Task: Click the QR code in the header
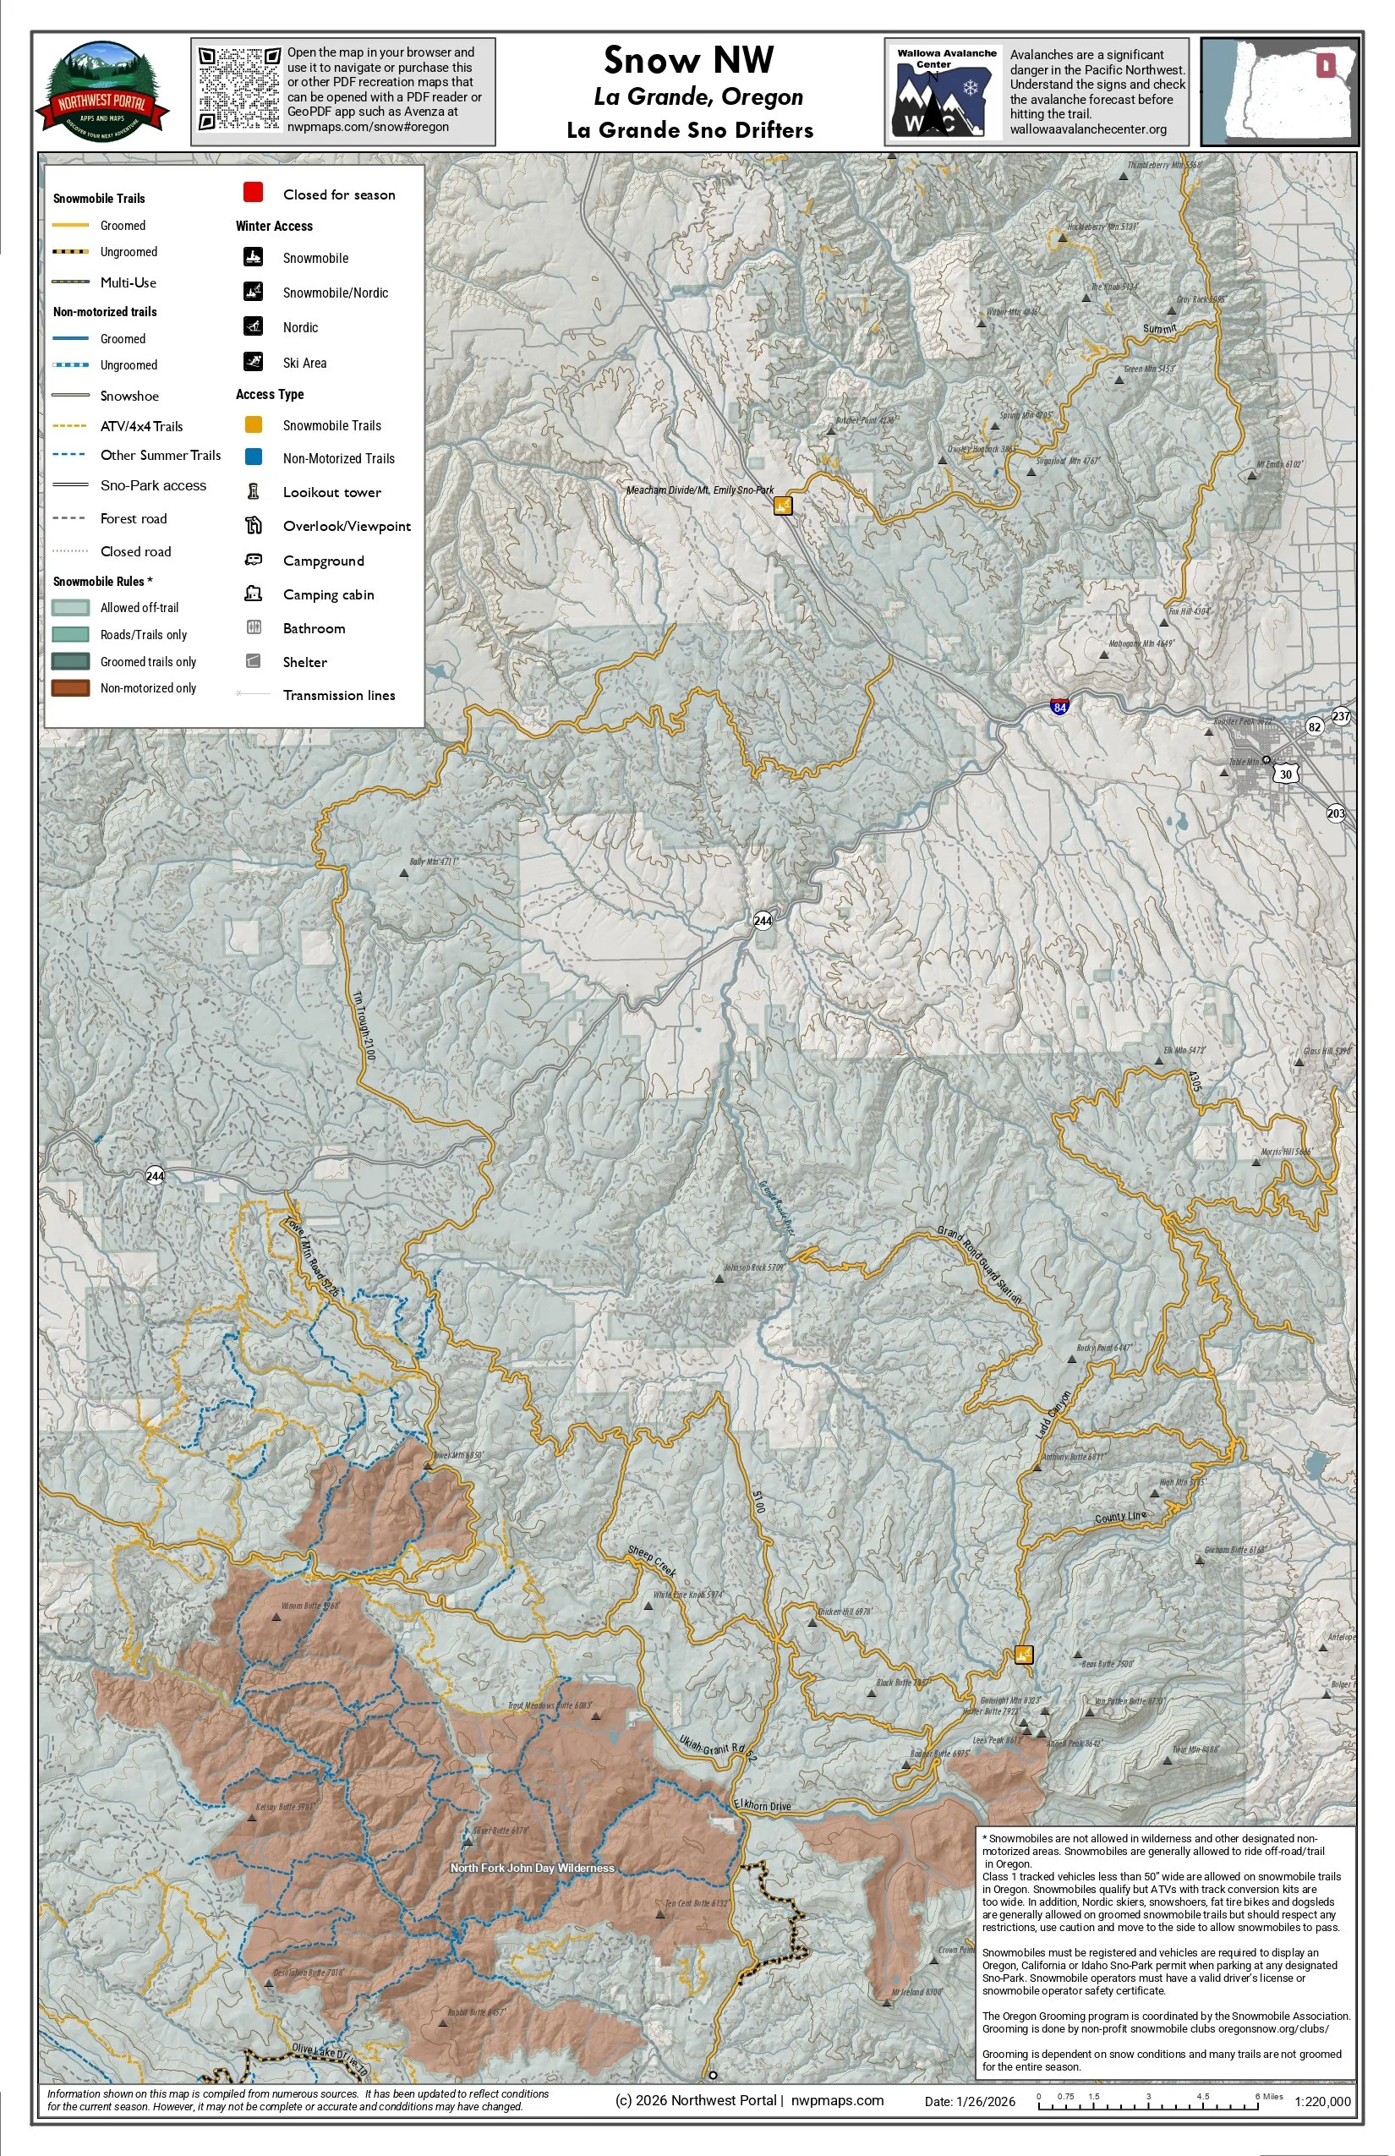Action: point(239,89)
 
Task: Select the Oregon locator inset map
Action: point(1280,91)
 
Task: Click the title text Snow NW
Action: point(688,61)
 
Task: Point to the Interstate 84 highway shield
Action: point(1059,707)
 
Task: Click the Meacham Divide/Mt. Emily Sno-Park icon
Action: point(783,506)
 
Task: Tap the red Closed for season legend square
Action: point(253,193)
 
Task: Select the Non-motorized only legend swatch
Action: point(71,688)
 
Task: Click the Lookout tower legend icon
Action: point(254,492)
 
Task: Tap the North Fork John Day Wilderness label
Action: point(532,1868)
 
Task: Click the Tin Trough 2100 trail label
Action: point(364,1026)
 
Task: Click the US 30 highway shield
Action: point(1285,774)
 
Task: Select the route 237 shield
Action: point(1341,715)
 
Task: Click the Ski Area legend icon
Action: point(254,362)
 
